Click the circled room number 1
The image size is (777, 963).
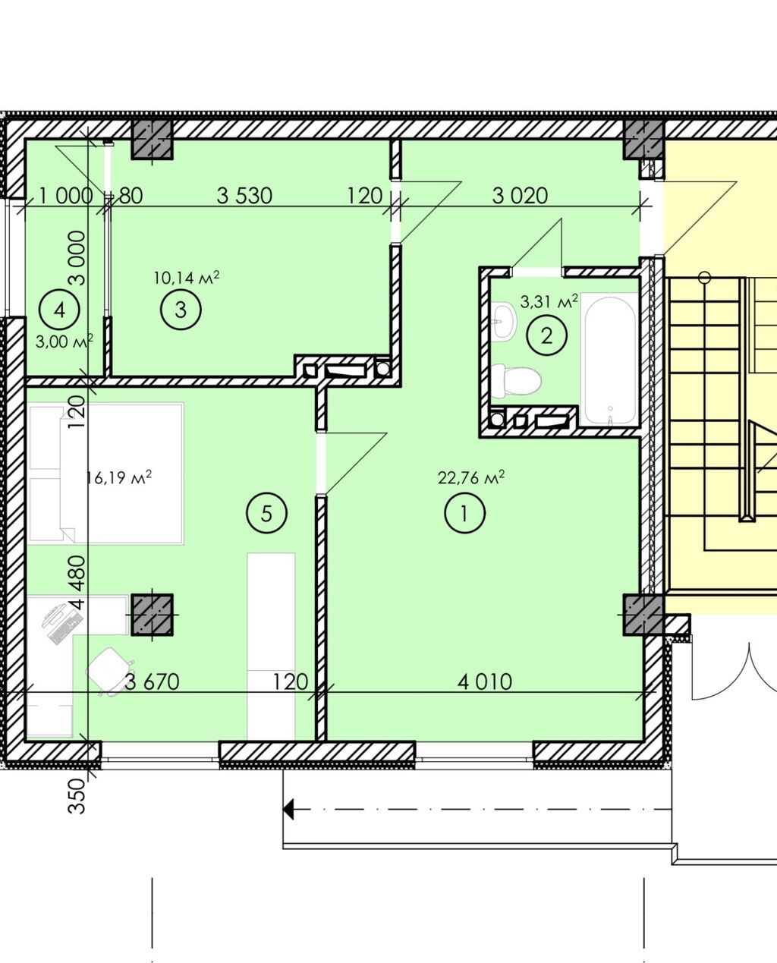click(x=464, y=512)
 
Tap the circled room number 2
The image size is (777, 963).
click(x=546, y=335)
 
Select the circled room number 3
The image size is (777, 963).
click(x=181, y=309)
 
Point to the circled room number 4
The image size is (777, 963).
click(x=59, y=309)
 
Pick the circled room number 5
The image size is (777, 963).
click(x=267, y=513)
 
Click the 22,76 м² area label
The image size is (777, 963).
click(x=471, y=477)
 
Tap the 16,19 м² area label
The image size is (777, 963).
click(x=118, y=477)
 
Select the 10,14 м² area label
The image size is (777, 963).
click(x=187, y=278)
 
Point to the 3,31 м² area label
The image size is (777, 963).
click(x=549, y=301)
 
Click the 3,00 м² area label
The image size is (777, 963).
click(x=64, y=341)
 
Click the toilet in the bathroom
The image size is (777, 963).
click(x=516, y=380)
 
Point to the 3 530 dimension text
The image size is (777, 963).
click(x=244, y=196)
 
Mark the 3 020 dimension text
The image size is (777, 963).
click(x=520, y=196)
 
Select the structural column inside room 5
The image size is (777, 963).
click(x=153, y=615)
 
